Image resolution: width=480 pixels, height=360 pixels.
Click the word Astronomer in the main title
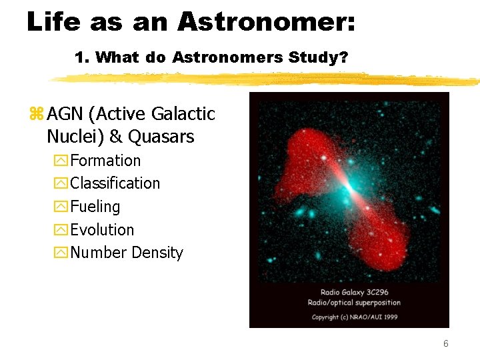point(266,22)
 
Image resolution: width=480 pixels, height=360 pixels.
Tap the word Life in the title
point(51,22)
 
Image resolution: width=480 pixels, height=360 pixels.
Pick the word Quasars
point(161,137)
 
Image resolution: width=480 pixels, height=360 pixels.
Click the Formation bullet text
point(105,161)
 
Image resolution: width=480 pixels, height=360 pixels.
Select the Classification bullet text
point(115,183)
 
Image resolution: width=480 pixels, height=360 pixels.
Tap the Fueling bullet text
point(95,207)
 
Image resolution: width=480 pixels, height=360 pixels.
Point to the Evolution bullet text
point(102,230)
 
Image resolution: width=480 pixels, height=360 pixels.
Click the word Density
point(157,253)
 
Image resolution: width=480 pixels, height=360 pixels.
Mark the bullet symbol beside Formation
point(62,161)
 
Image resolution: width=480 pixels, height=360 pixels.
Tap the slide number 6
point(446,344)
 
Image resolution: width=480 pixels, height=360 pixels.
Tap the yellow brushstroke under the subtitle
point(267,79)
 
